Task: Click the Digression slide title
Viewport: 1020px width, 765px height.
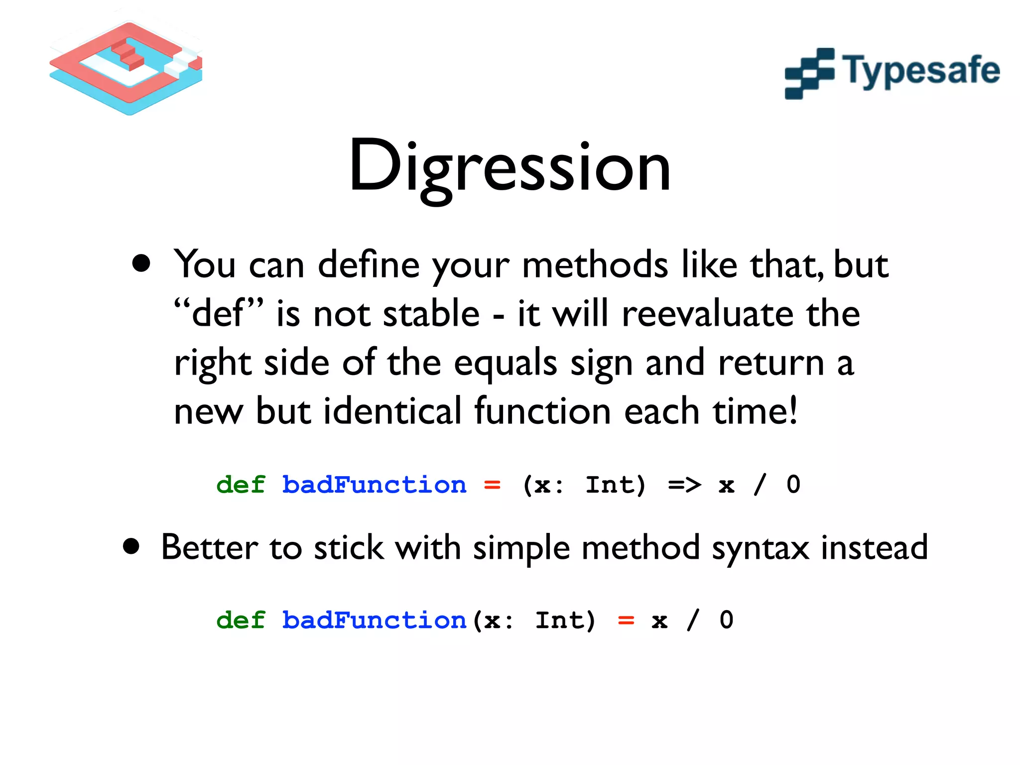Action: click(x=510, y=167)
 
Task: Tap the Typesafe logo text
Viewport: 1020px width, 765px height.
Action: click(x=920, y=71)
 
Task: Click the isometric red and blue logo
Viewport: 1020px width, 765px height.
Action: click(x=126, y=67)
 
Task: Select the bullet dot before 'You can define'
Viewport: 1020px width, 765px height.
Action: click(x=141, y=263)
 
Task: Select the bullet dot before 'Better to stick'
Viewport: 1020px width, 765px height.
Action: click(x=131, y=546)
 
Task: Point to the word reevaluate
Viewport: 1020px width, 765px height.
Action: click(x=707, y=314)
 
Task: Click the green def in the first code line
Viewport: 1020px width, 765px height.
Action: click(x=241, y=485)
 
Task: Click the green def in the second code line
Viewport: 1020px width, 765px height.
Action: click(x=241, y=620)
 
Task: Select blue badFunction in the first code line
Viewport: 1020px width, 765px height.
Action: click(x=374, y=485)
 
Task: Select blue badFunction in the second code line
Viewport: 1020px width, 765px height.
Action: click(x=374, y=620)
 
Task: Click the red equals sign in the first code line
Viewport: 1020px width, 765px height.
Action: click(x=492, y=485)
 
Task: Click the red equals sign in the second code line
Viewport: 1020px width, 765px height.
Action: click(x=626, y=621)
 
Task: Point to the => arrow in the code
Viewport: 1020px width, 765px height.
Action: click(x=684, y=485)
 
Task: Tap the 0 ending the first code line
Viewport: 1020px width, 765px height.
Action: click(x=793, y=485)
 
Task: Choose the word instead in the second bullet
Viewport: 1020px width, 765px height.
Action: click(x=874, y=547)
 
